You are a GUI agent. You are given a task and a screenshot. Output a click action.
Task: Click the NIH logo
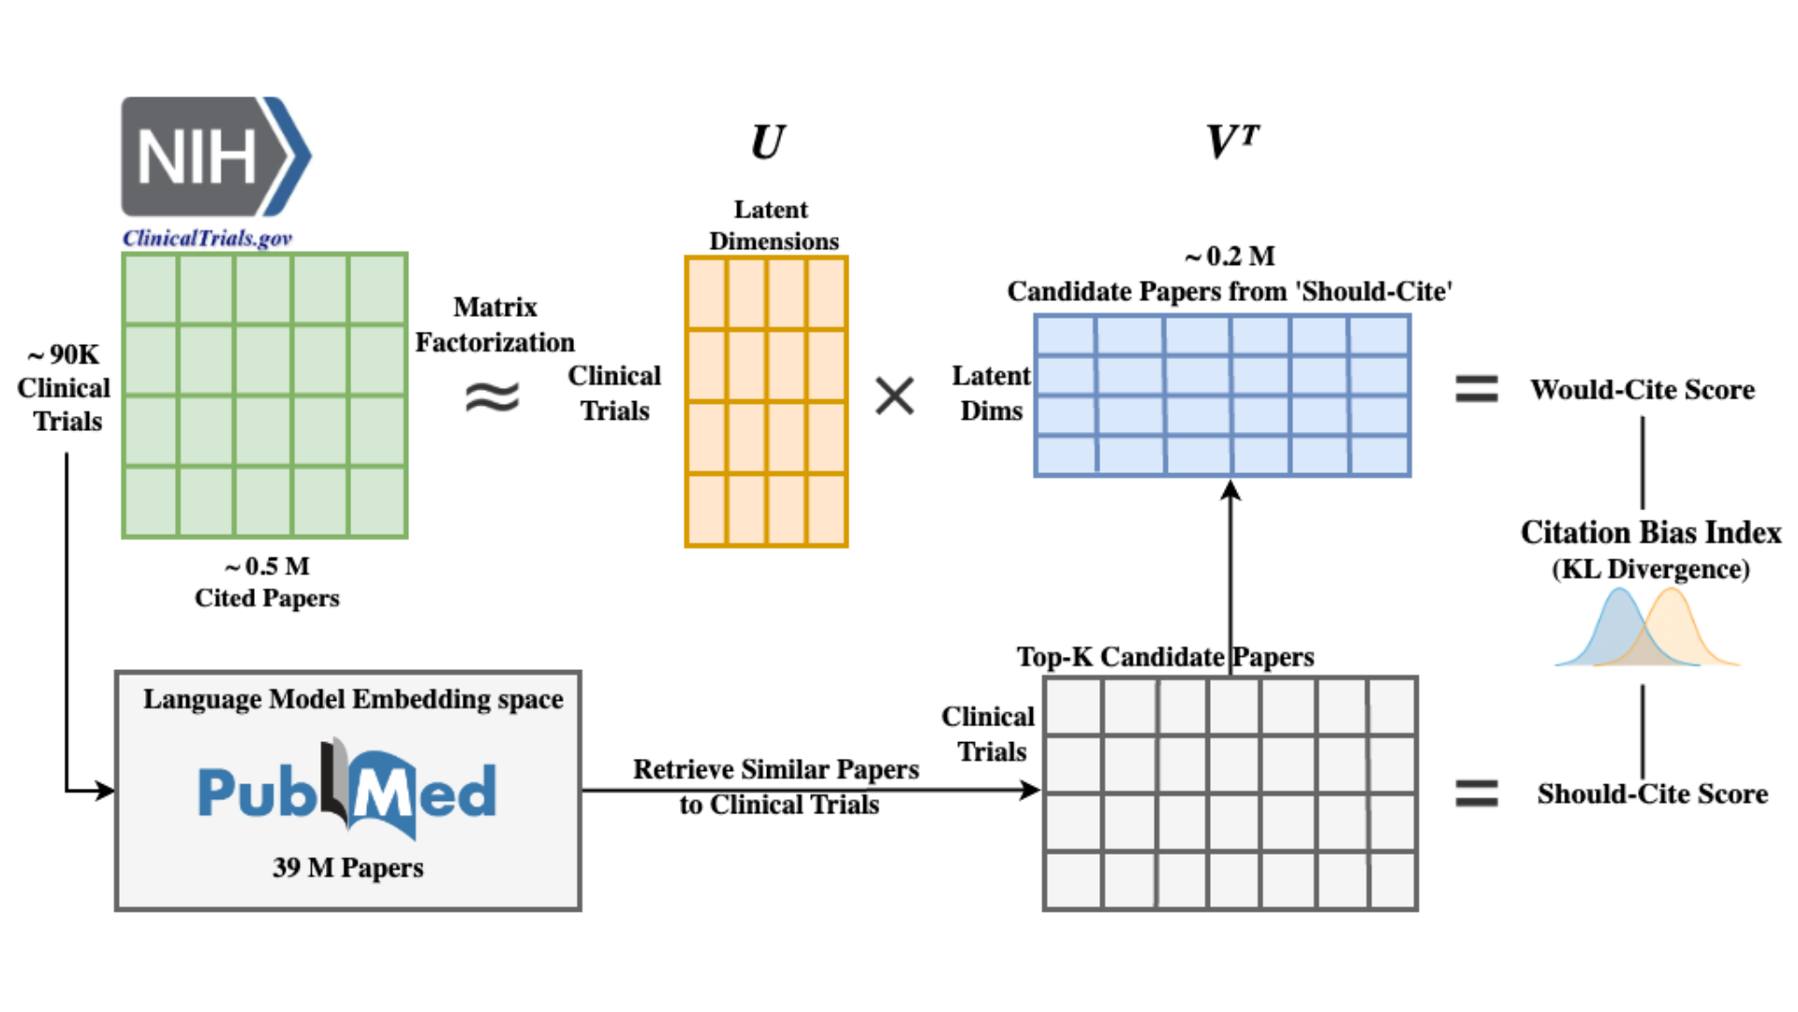tap(215, 156)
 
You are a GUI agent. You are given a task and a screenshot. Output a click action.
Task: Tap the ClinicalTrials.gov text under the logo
tap(207, 238)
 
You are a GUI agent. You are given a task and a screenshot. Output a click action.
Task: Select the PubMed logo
tap(347, 789)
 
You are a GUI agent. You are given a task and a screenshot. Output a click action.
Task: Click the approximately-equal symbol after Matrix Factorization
tap(493, 397)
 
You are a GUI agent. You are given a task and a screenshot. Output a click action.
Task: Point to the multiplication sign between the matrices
tap(894, 395)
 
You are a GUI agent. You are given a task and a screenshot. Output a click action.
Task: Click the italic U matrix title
tap(767, 142)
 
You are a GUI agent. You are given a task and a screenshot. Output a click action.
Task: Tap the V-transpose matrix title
tap(1231, 142)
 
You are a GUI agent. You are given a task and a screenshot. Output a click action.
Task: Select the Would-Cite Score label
tap(1642, 390)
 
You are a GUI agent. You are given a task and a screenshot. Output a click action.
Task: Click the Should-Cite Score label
tap(1652, 794)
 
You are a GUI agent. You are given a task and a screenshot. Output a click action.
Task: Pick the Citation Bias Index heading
tap(1650, 532)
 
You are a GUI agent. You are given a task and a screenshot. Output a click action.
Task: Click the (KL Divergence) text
tap(1650, 569)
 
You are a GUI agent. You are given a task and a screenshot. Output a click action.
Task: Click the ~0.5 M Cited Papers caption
tap(267, 582)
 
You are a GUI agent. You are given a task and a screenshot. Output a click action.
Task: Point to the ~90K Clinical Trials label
tap(64, 388)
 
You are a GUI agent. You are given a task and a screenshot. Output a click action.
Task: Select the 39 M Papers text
tap(347, 867)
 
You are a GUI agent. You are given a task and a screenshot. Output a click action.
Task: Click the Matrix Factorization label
tap(494, 324)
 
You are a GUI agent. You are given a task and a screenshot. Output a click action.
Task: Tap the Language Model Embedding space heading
tap(353, 699)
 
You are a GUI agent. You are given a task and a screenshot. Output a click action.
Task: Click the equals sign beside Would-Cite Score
tap(1476, 389)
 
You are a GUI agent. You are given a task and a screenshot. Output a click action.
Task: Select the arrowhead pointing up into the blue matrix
tap(1231, 490)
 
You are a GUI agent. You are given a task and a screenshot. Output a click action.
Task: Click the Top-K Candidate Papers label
tap(1165, 657)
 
